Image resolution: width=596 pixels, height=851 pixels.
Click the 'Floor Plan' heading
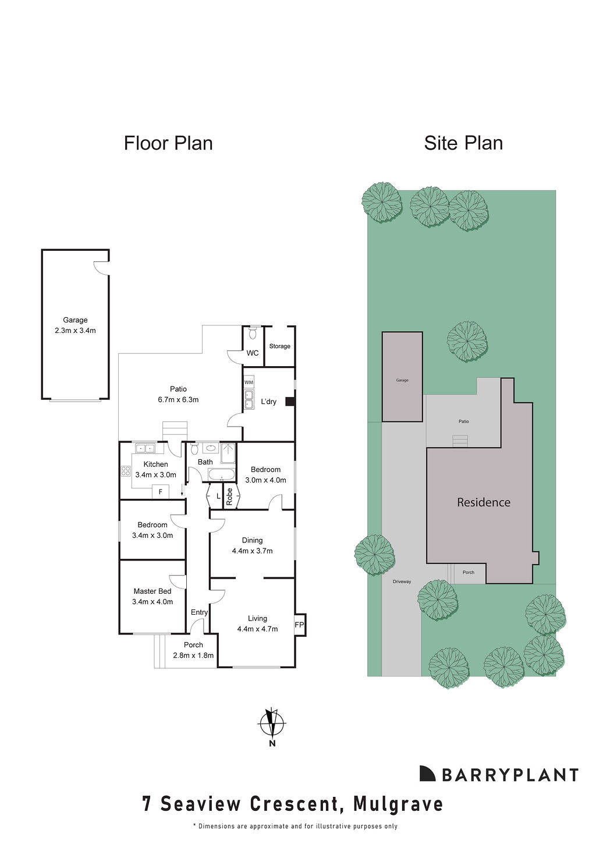pyautogui.click(x=168, y=143)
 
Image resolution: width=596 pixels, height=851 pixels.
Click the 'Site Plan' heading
pyautogui.click(x=463, y=143)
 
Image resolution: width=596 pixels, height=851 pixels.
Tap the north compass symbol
pyautogui.click(x=271, y=725)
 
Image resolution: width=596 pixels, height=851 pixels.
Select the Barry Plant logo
pyautogui.click(x=499, y=774)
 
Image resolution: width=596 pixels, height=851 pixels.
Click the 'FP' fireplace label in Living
pyautogui.click(x=299, y=625)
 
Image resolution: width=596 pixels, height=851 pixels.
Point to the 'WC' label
pyautogui.click(x=253, y=353)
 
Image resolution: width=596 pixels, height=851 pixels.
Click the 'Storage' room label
pyautogui.click(x=279, y=346)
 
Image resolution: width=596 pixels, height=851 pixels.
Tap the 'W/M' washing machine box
pyautogui.click(x=249, y=382)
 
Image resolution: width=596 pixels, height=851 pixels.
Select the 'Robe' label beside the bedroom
pyautogui.click(x=229, y=496)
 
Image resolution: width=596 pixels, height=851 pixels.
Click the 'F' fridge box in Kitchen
pyautogui.click(x=160, y=492)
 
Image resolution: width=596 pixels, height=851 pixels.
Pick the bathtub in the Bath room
pyautogui.click(x=221, y=475)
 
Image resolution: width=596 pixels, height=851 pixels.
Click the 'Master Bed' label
pyautogui.click(x=152, y=591)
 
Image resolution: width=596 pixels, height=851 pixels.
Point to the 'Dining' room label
pyautogui.click(x=252, y=540)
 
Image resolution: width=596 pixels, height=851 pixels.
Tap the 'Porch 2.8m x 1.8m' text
pyautogui.click(x=193, y=650)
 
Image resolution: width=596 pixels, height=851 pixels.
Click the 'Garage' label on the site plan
pyautogui.click(x=402, y=380)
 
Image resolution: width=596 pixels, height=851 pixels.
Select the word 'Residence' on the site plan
pyautogui.click(x=484, y=502)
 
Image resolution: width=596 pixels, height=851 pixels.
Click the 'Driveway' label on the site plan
pyautogui.click(x=402, y=581)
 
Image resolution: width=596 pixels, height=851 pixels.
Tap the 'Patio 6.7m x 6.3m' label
pyautogui.click(x=178, y=394)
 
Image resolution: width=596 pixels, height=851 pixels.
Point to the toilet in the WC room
pyautogui.click(x=253, y=333)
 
